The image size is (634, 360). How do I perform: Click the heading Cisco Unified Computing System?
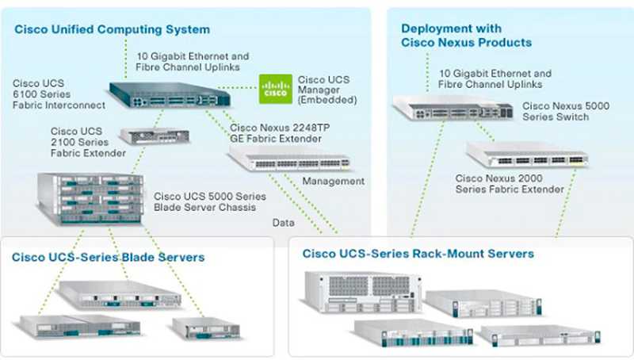point(112,29)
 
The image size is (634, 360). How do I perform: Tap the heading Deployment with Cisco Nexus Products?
point(466,35)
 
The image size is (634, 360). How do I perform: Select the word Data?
point(283,223)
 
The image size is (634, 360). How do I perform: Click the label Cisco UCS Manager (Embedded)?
point(327,90)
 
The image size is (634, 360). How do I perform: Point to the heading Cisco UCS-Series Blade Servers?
point(108,257)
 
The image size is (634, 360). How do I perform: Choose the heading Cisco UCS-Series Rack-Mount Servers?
point(418,253)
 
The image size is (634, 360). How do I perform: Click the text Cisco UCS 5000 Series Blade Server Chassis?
point(210,201)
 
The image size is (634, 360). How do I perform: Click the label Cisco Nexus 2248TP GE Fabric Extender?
point(275,132)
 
